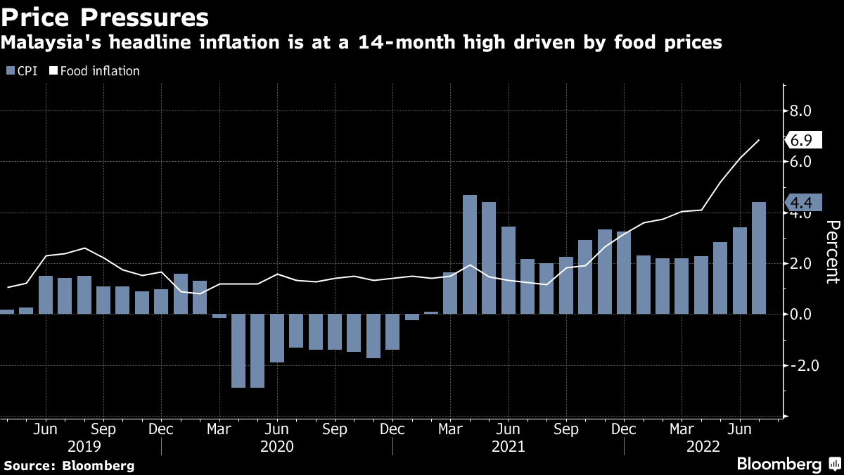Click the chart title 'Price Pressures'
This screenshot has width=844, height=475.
pos(105,16)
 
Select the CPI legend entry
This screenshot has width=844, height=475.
pos(22,71)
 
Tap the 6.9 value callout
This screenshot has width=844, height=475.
pos(801,140)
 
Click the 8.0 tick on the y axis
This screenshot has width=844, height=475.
pos(801,110)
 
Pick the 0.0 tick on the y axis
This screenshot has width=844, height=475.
pos(801,315)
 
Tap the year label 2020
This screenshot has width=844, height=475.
pos(277,447)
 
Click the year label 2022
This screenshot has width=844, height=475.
pos(703,447)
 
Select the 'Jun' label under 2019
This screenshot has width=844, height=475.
pos(46,429)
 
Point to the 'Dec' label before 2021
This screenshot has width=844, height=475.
pos(392,429)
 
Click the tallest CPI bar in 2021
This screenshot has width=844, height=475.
pos(470,254)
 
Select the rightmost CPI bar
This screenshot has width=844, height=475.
pos(759,258)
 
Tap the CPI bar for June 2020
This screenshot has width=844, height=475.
pos(277,338)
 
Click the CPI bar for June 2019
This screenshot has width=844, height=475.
pos(46,295)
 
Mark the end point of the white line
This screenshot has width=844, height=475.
pos(759,140)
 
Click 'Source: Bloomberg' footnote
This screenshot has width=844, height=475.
pos(69,465)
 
